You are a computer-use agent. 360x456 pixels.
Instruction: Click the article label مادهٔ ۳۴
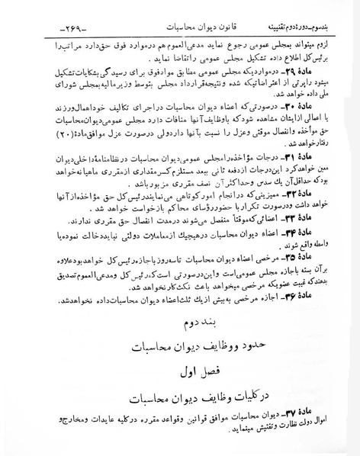click(316, 232)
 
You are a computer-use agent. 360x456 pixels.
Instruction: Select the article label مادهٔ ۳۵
click(316, 255)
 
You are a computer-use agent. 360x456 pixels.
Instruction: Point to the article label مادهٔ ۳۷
click(316, 416)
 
